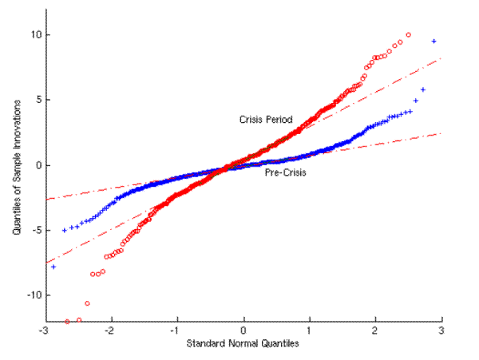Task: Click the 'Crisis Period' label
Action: click(266, 120)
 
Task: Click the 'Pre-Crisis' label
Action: click(284, 171)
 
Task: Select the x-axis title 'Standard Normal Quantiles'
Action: click(243, 344)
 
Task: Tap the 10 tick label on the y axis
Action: click(36, 35)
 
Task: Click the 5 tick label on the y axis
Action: click(38, 100)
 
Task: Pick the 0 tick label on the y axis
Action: click(38, 165)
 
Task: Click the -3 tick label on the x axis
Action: click(46, 330)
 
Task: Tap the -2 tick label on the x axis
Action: click(111, 330)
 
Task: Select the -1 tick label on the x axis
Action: click(177, 330)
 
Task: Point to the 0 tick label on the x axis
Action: click(244, 330)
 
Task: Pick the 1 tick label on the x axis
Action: click(310, 330)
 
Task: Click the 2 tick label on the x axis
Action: click(375, 330)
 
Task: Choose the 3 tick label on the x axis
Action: click(441, 330)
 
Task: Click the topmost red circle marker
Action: click(409, 35)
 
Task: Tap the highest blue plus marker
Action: click(433, 41)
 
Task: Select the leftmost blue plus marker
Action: click(53, 266)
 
